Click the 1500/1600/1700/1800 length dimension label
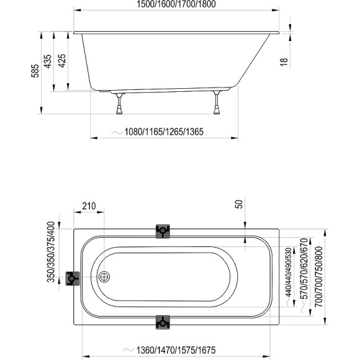pyautogui.click(x=176, y=4)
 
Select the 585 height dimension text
pyautogui.click(x=35, y=71)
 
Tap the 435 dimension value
pyautogui.click(x=48, y=61)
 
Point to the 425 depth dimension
pyautogui.click(x=62, y=60)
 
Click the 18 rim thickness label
pyautogui.click(x=284, y=62)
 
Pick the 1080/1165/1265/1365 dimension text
pyautogui.click(x=164, y=132)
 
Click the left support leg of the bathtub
pyautogui.click(x=119, y=104)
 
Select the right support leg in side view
pyautogui.click(x=217, y=102)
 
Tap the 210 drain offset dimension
pyautogui.click(x=89, y=206)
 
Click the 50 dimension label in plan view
pyautogui.click(x=239, y=204)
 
